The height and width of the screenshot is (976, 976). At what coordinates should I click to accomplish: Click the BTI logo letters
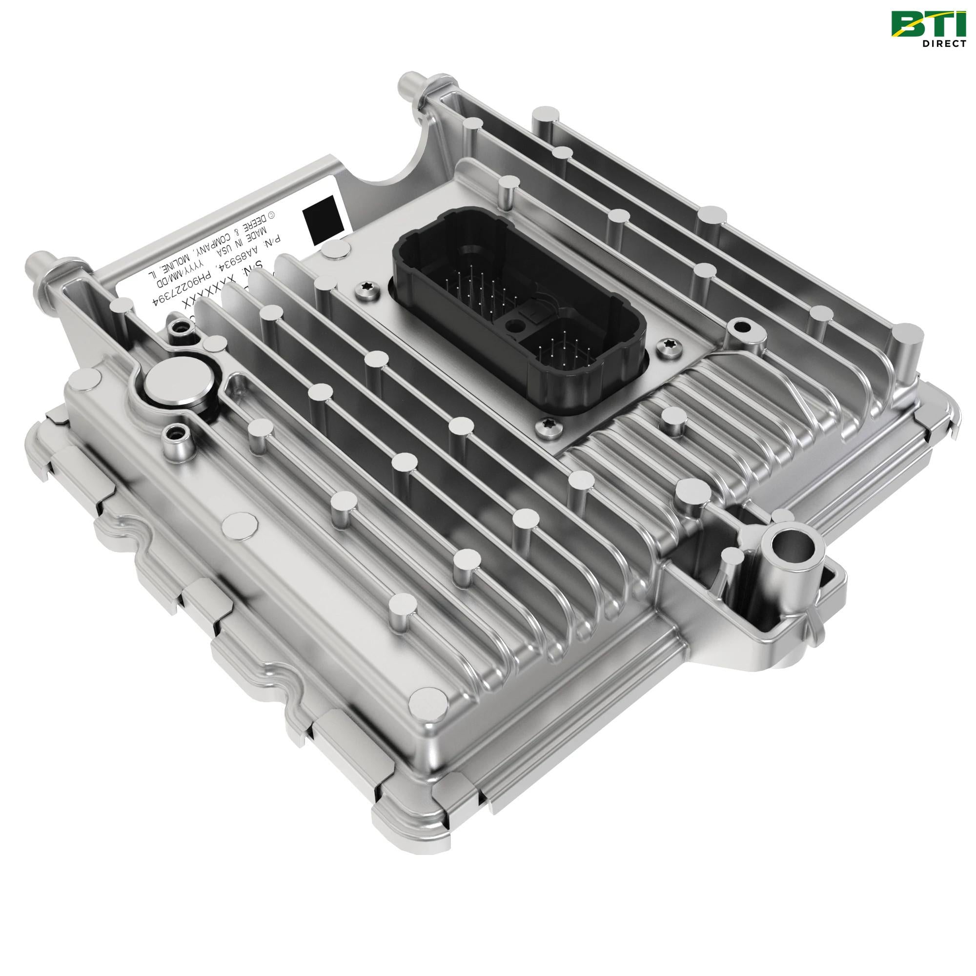click(929, 24)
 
